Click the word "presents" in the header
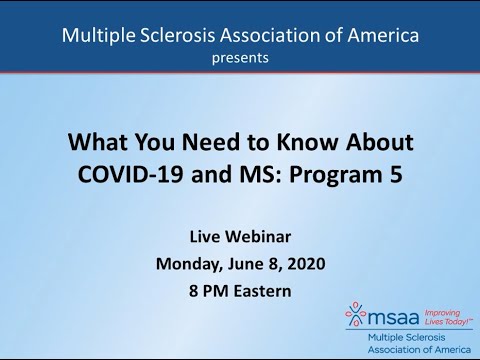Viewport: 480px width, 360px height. tap(239, 58)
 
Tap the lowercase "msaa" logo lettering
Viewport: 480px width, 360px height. tap(391, 316)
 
